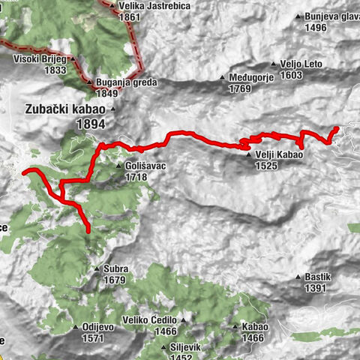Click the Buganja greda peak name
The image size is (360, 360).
[x=119, y=82]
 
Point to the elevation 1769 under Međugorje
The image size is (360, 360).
[x=239, y=89]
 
